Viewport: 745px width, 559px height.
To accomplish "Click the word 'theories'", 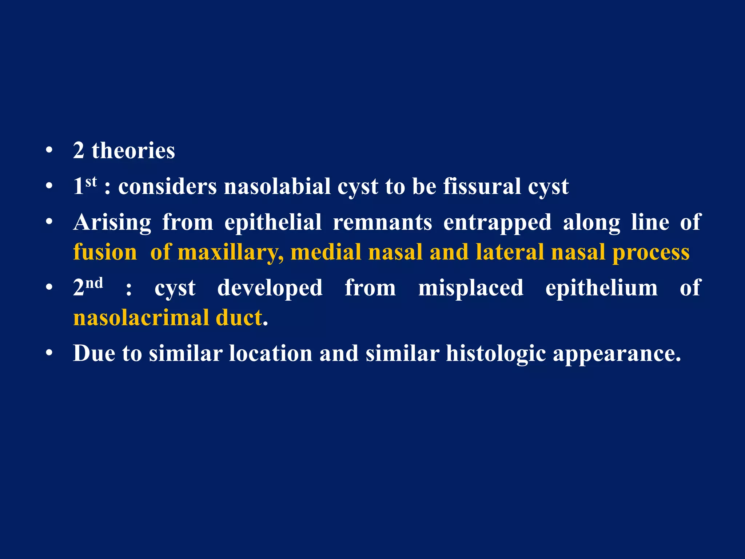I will [x=133, y=151].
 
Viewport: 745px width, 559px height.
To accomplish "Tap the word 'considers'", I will [x=167, y=186].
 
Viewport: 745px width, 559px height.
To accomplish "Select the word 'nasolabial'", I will [x=277, y=186].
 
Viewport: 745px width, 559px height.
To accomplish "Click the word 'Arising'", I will [x=112, y=222].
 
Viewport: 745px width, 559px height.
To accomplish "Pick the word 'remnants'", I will [x=382, y=222].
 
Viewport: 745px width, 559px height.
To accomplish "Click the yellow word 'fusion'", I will [x=105, y=252].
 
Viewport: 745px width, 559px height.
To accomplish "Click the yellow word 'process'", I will [x=651, y=253].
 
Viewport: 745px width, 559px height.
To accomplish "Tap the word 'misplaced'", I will [x=471, y=288].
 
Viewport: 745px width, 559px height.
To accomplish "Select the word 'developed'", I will [x=270, y=288].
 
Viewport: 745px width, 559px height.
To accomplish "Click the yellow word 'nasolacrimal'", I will [x=141, y=318].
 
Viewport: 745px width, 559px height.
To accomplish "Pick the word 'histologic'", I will [x=496, y=354].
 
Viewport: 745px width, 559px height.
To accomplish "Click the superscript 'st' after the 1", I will [x=91, y=181].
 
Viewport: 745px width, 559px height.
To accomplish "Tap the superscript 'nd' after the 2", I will [x=94, y=283].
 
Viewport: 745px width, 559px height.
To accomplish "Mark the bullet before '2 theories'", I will [x=49, y=151].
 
